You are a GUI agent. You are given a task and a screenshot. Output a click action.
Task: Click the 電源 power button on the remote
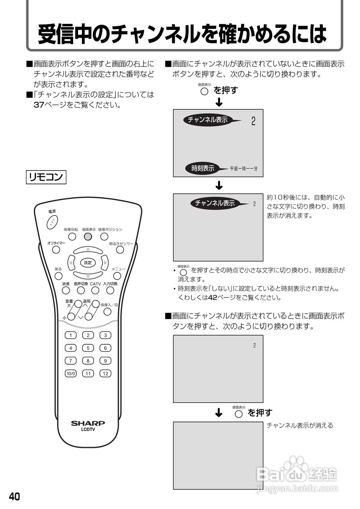52,222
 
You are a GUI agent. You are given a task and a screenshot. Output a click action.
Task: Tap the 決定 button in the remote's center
88,262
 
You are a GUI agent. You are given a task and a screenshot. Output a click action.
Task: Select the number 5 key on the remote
88,348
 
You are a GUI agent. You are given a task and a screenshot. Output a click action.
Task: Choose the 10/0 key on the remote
70,373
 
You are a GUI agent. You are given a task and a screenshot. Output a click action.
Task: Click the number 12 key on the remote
105,373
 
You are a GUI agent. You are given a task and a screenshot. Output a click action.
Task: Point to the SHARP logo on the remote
88,423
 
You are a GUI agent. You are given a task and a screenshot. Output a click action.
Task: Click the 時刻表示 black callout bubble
203,168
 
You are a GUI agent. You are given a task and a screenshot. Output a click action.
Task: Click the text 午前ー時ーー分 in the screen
243,169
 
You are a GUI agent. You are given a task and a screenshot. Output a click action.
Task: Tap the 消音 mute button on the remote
66,290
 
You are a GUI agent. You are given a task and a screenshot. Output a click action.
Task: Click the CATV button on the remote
95,290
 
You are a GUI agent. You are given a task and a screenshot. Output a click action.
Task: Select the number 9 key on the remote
105,361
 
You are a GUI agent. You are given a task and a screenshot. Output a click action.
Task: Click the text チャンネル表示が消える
299,425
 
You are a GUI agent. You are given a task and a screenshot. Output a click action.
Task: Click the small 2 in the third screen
255,346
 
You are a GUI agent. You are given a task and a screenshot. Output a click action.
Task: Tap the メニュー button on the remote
116,276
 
